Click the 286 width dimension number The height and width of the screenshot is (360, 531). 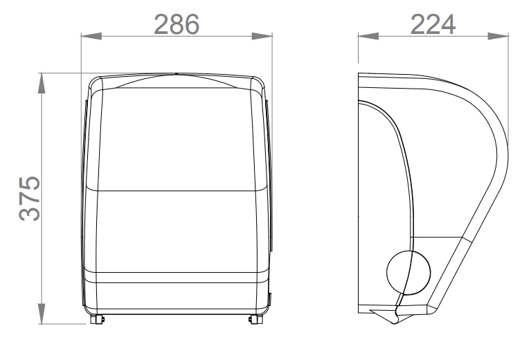pyautogui.click(x=177, y=24)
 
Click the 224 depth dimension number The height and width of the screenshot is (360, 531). pyautogui.click(x=433, y=24)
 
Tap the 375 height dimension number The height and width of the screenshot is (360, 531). pyautogui.click(x=30, y=199)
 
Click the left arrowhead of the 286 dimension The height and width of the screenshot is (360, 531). pyautogui.click(x=91, y=36)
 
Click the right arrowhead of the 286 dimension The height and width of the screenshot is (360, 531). pyautogui.click(x=262, y=36)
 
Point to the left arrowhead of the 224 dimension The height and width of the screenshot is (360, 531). pyautogui.click(x=368, y=36)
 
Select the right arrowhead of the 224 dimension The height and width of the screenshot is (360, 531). pyautogui.click(x=498, y=36)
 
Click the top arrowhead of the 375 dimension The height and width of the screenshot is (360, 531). pyautogui.click(x=42, y=83)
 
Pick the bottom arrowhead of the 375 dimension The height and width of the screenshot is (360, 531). pyautogui.click(x=42, y=314)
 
